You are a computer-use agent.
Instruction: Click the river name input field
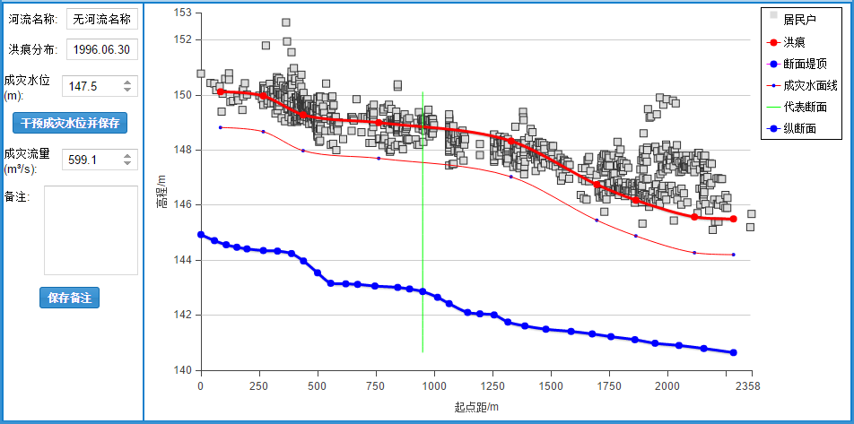101,18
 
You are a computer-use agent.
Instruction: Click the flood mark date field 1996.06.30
101,48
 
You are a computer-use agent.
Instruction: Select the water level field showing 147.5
92,86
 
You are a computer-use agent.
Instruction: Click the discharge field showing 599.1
92,160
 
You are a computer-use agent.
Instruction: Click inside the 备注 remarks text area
91,229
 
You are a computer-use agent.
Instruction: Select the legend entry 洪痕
793,41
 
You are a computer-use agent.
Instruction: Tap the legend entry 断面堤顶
805,64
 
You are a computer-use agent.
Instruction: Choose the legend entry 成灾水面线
810,86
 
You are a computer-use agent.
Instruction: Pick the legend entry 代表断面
805,108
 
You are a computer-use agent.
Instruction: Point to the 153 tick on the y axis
182,13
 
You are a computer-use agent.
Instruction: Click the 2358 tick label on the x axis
748,386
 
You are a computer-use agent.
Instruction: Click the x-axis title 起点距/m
475,407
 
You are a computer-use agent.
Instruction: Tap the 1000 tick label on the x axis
434,386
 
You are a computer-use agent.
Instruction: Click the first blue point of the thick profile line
201,235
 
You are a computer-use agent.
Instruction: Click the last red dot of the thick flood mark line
733,219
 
